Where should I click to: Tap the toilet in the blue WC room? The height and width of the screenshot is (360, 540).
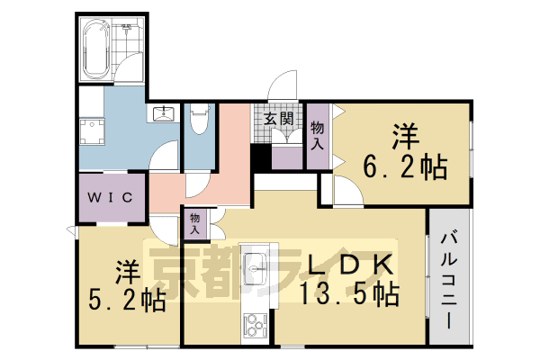[199, 117]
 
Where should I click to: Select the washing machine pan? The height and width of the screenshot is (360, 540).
[90, 133]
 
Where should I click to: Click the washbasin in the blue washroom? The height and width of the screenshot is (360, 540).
[164, 114]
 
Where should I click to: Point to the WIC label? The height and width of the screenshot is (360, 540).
[111, 197]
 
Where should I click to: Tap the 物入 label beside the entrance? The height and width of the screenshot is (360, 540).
[317, 135]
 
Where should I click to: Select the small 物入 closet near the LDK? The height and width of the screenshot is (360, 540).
[197, 222]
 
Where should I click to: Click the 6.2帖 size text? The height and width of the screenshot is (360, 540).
[405, 167]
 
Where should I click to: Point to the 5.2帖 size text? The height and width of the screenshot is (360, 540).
[129, 300]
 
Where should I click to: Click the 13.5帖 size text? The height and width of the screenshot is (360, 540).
[351, 293]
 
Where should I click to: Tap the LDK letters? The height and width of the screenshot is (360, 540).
[351, 264]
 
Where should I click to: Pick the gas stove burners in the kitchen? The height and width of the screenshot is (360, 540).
[253, 323]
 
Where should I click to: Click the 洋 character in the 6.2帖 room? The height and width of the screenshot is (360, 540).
[405, 137]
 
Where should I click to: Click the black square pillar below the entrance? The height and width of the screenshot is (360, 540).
[260, 158]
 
